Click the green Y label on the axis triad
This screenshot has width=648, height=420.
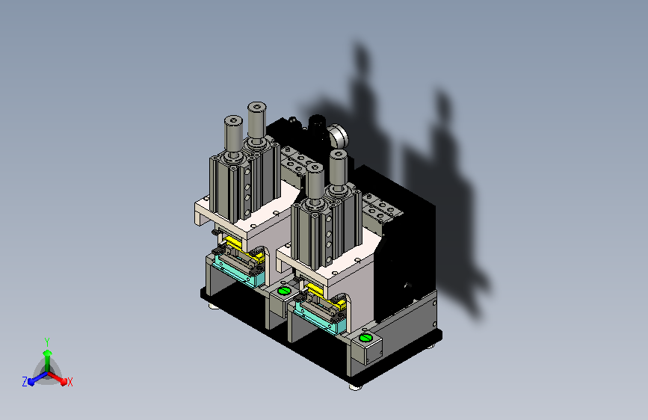[47, 342]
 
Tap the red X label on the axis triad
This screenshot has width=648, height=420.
[70, 382]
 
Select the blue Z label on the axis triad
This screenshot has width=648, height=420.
[25, 382]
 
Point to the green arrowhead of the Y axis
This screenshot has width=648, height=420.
[48, 353]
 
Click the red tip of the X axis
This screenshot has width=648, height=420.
[64, 381]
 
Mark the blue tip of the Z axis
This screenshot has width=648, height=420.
[31, 382]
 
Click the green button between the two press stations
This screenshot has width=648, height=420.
[283, 291]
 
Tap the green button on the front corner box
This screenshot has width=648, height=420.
[365, 338]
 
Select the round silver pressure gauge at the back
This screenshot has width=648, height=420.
[339, 136]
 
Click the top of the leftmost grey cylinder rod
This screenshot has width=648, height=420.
[233, 120]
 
